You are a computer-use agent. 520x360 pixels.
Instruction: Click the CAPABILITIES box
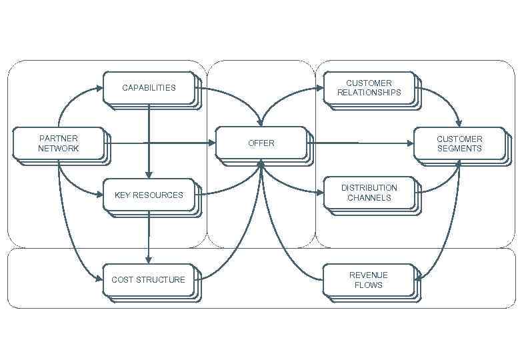tap(149, 87)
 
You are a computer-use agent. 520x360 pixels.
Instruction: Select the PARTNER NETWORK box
tap(58, 143)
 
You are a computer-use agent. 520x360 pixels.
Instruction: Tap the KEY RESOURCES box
tap(149, 195)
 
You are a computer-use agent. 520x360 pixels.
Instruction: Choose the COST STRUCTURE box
tap(149, 279)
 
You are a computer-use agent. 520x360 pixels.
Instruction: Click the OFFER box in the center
tap(261, 143)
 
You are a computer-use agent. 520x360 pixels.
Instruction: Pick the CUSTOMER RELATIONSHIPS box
tap(369, 88)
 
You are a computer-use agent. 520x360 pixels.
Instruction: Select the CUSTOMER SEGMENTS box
tap(459, 143)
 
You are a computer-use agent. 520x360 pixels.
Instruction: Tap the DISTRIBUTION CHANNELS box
tap(369, 193)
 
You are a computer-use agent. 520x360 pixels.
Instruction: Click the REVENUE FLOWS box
tap(369, 280)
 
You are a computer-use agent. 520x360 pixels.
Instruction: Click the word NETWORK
tap(58, 148)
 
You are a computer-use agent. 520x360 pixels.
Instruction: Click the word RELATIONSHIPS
tap(369, 93)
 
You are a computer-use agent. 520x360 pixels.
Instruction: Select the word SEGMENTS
tap(459, 149)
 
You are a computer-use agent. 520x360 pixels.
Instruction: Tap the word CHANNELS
tap(369, 197)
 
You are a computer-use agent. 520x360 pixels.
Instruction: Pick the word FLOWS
tap(369, 285)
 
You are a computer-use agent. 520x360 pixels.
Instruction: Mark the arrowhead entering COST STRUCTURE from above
tap(149, 259)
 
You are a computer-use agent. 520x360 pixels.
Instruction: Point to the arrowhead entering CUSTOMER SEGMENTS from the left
tap(409, 143)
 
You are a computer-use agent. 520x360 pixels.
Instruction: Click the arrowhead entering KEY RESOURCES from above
tap(149, 175)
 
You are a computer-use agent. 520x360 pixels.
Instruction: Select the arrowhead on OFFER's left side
tap(211, 143)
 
